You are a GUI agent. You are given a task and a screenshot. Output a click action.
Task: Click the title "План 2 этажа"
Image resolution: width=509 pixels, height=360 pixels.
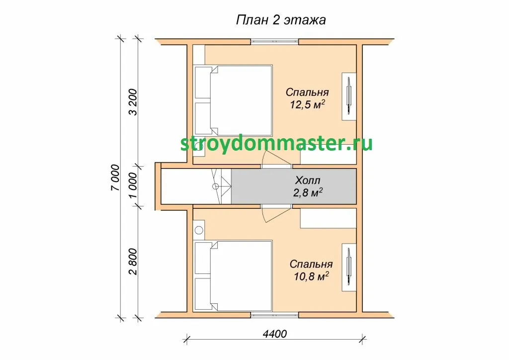coord(281,20)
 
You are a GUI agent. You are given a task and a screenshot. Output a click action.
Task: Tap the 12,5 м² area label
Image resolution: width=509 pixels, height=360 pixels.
coord(307,104)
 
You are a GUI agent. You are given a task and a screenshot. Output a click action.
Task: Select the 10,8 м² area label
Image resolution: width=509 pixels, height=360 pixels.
coord(311,276)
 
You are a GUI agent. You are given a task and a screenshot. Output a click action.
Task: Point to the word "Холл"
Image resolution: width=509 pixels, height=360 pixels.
coord(308,180)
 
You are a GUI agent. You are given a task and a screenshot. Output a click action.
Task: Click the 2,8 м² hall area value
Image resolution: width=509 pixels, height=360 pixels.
coord(308,192)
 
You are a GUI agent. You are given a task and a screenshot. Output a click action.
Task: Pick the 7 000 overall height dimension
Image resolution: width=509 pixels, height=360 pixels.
coord(115,178)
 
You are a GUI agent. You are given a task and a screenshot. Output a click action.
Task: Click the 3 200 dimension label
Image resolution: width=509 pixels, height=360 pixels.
coord(133,102)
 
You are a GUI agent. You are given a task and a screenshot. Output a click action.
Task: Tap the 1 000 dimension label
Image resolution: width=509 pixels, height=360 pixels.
coord(133,185)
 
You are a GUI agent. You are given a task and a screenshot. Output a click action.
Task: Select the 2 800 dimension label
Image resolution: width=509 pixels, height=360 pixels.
coord(133,262)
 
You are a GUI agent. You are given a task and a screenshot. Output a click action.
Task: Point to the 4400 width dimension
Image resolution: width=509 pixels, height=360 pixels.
coord(274,334)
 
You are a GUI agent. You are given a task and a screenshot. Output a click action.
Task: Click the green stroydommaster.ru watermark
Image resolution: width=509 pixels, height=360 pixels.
coord(276,144)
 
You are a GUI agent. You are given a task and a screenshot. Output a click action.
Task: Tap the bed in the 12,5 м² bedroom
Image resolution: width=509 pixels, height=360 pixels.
coord(233,100)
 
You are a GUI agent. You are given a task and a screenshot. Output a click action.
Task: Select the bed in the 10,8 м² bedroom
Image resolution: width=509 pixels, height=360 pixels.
coord(233,276)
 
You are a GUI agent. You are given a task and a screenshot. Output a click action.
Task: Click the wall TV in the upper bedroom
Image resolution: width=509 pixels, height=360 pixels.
coord(349,96)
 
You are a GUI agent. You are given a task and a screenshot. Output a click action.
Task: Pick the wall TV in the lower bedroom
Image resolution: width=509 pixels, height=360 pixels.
coord(349,267)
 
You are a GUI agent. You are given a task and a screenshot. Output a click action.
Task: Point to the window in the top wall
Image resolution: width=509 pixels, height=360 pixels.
coord(274,42)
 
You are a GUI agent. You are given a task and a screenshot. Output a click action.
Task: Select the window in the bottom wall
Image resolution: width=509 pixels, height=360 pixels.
coord(274,315)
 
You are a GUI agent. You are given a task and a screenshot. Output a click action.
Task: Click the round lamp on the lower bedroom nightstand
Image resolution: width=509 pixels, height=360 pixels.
coord(199,230)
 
